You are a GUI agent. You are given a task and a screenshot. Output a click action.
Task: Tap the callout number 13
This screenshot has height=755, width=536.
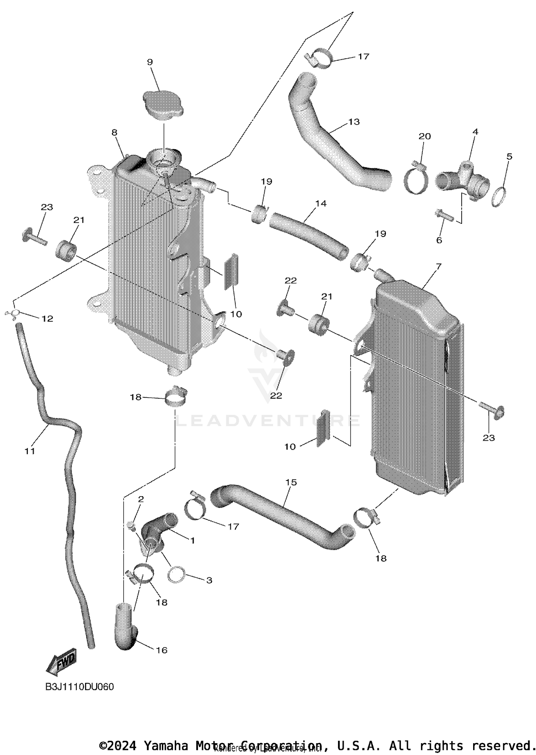tap(354, 122)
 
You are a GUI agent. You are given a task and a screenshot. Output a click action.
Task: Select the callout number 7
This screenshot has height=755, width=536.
tap(438, 266)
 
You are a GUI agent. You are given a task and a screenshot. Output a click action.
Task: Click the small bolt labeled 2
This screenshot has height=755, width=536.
tap(130, 525)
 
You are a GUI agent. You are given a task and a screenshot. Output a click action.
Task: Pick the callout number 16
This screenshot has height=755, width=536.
tap(162, 650)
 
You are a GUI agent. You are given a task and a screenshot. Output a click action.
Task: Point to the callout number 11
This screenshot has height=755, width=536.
tap(30, 451)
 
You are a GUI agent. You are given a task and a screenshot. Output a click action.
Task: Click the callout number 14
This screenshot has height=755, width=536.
tap(321, 203)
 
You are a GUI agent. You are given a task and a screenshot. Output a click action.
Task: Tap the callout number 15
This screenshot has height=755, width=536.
tap(291, 483)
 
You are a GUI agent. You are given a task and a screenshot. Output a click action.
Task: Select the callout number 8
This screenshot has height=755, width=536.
tap(114, 133)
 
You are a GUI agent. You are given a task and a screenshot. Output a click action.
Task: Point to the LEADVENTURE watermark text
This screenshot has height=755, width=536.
tap(268, 421)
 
